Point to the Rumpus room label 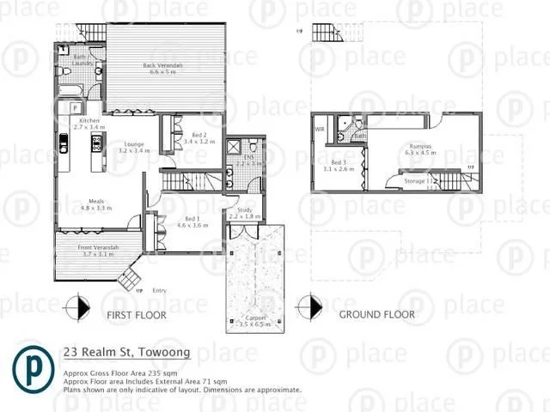(x=419, y=148)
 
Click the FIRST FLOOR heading (x=137, y=315)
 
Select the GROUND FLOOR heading (x=376, y=315)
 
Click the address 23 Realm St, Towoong (x=125, y=352)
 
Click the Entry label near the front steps (x=160, y=291)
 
